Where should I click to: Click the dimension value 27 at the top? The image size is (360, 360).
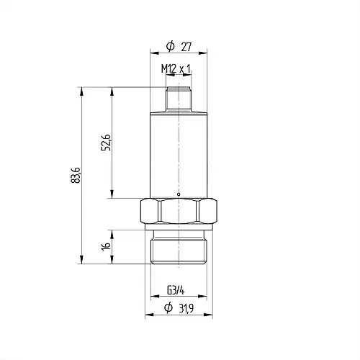(x=186, y=47)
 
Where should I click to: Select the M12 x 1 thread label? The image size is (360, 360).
(x=176, y=69)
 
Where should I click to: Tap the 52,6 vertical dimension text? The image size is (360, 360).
(x=106, y=143)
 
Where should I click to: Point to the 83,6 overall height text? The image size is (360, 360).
(x=76, y=175)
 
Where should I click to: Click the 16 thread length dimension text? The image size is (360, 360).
(x=106, y=246)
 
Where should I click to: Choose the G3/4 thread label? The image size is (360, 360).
(x=176, y=291)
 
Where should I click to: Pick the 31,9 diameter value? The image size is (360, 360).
(x=186, y=308)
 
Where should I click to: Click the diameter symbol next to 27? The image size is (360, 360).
(x=171, y=46)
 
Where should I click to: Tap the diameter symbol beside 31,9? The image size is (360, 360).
(x=168, y=308)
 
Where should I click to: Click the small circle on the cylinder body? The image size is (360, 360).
(x=179, y=194)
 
